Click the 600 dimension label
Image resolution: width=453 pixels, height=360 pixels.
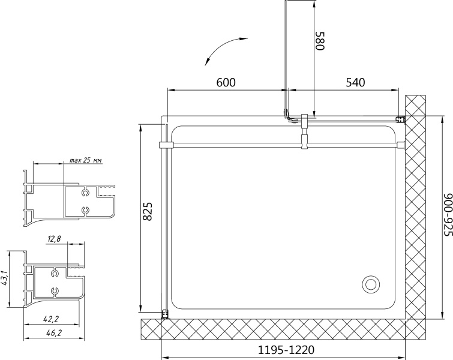pos(226,83)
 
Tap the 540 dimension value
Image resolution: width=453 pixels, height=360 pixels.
pos(355,83)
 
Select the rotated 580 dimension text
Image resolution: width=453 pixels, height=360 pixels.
pos(320,41)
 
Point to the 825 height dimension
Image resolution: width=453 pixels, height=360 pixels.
pos(148,211)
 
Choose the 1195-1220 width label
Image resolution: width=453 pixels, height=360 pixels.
pos(286,350)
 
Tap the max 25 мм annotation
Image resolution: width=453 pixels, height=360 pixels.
pos(86,160)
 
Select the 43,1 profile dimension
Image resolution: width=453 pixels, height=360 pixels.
pos(4,279)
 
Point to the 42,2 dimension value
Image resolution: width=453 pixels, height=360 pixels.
pos(51,319)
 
